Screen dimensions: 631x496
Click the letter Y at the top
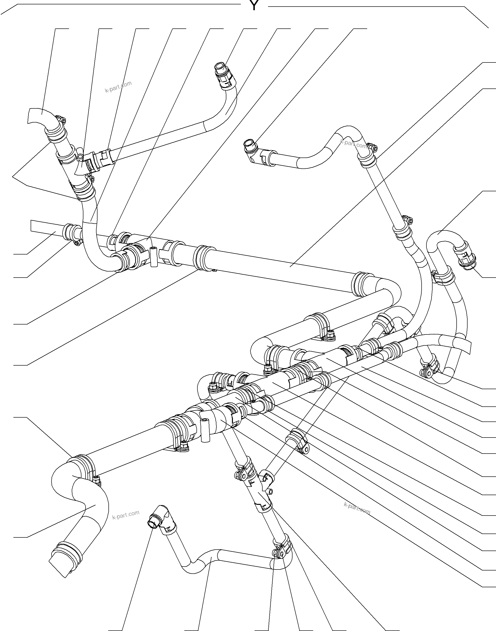(x=254, y=6)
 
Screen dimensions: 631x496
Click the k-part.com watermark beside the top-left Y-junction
(x=118, y=87)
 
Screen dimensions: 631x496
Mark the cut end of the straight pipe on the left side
(x=31, y=226)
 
